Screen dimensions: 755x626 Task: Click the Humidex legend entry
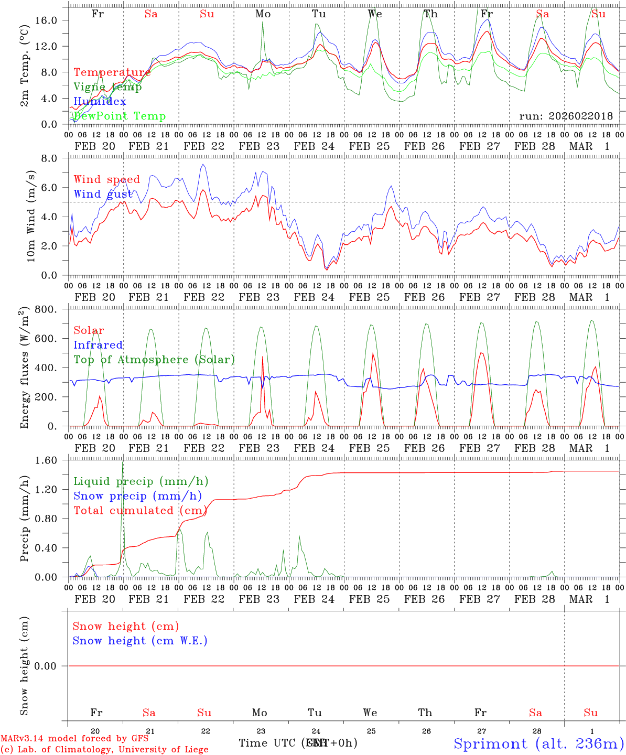coord(100,102)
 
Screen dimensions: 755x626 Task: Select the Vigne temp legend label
coord(107,87)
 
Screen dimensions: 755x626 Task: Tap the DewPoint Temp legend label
coord(120,116)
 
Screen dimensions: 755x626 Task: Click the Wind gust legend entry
coord(103,194)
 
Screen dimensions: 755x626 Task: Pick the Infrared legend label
coord(98,345)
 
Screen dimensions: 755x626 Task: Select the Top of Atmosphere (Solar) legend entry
coord(154,360)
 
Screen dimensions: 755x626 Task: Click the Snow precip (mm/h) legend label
coord(137,496)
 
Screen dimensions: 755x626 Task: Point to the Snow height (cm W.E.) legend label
coord(140,641)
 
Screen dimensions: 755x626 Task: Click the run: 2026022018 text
coord(566,116)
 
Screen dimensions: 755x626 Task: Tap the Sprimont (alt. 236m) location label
coord(538,743)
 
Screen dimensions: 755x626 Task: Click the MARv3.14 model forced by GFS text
coord(74,739)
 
